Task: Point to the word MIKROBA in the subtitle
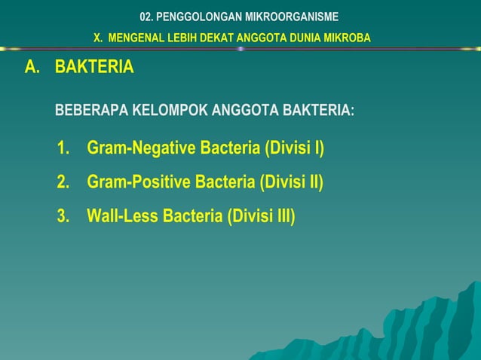[348, 38]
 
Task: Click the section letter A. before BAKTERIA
[32, 67]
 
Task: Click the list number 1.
[64, 148]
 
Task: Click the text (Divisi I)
[293, 148]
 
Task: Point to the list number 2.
[64, 182]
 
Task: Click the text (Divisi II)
[291, 182]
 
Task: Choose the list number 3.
[64, 217]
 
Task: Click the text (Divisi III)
[261, 217]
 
